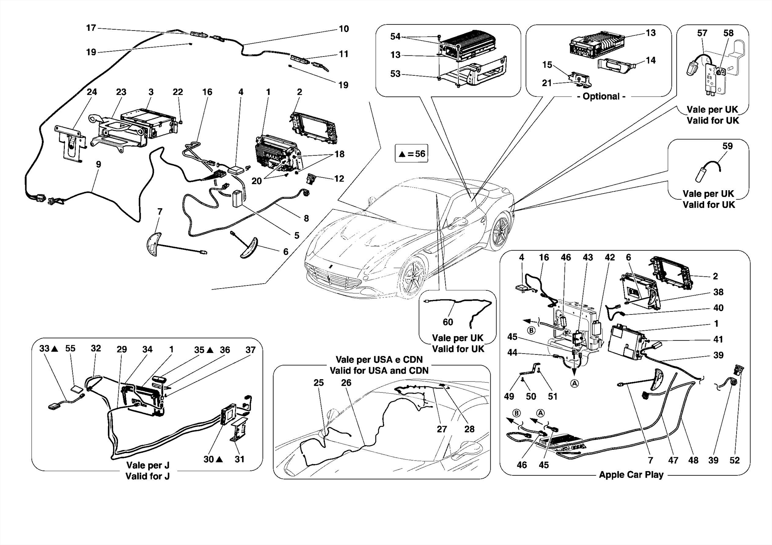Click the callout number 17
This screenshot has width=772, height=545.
[91, 28]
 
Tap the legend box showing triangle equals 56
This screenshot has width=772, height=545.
[411, 154]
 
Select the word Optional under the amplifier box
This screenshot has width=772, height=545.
[601, 96]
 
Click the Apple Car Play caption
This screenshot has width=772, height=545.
[631, 475]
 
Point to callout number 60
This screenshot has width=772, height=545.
[447, 322]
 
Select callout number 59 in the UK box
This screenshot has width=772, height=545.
[727, 146]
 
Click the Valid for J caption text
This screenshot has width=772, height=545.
[147, 476]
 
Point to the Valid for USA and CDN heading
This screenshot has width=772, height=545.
[379, 371]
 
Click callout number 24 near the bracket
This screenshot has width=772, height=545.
[92, 92]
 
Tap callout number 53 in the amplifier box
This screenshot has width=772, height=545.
[395, 74]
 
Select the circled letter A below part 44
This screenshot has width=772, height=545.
[574, 383]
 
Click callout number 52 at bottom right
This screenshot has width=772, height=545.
[734, 460]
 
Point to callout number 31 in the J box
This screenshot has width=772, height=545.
[239, 459]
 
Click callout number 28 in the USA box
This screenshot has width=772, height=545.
[469, 429]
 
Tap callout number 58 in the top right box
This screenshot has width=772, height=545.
[728, 33]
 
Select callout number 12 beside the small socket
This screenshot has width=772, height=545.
[339, 179]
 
